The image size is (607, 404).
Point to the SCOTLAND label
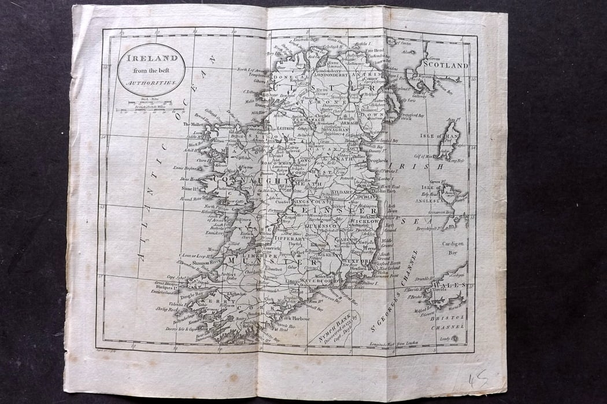(x=445, y=65)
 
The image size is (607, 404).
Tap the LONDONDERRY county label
(x=335, y=75)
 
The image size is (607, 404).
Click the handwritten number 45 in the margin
(x=478, y=380)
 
